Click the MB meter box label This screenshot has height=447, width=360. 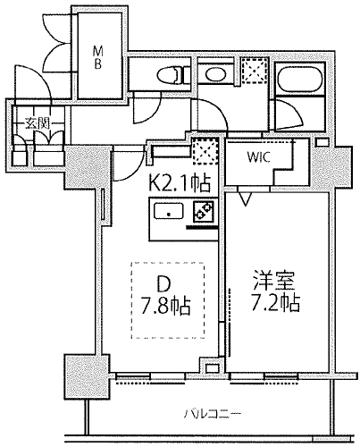point(98,57)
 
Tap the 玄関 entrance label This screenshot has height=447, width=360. point(37,123)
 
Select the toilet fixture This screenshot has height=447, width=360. point(170,75)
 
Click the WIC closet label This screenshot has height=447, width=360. point(258,157)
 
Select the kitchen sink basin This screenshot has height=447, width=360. point(168,212)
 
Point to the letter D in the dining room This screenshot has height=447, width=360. point(163,284)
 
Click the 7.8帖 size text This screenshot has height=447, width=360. point(165,306)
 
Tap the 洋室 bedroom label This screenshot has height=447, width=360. point(273,281)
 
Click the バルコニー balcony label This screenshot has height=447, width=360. point(212,414)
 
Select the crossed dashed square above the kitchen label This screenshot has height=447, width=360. point(205,150)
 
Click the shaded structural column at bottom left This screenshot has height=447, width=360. point(88,376)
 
